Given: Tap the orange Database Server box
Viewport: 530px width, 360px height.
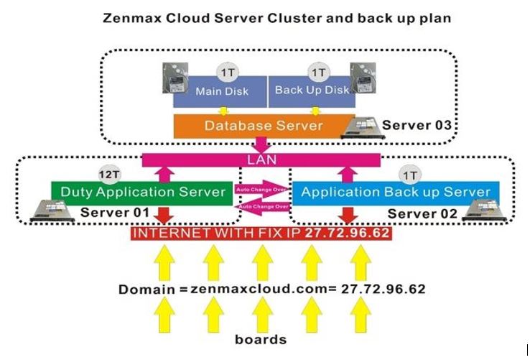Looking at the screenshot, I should [x=264, y=125].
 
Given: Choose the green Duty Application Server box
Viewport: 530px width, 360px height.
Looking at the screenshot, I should [x=141, y=192].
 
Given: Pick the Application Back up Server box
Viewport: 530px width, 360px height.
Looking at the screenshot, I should [x=396, y=192].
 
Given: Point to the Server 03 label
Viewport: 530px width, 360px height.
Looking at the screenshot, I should [x=417, y=125].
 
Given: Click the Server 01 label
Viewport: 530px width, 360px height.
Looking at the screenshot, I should [x=115, y=213].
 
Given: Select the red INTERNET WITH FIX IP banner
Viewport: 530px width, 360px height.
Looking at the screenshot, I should [x=261, y=234].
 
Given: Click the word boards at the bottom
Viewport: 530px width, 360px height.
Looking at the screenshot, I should [x=261, y=338].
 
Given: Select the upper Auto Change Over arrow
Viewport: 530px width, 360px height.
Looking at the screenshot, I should [x=263, y=190].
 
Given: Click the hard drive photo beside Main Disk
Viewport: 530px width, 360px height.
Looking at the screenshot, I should [x=171, y=79].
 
